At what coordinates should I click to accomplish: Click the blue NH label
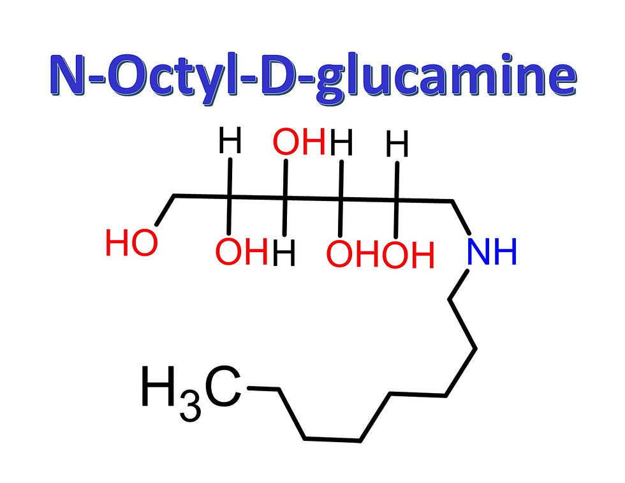(x=491, y=252)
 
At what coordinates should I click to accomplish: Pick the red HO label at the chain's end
(x=131, y=244)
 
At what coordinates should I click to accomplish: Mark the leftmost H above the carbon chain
(x=230, y=142)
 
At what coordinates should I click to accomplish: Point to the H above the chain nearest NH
(x=398, y=145)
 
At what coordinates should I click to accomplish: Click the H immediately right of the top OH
(x=342, y=143)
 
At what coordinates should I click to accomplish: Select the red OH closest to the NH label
(x=408, y=254)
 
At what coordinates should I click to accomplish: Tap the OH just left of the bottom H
(x=240, y=253)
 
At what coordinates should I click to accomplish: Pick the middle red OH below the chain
(x=352, y=254)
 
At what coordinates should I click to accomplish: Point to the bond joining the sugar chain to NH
(x=461, y=218)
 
